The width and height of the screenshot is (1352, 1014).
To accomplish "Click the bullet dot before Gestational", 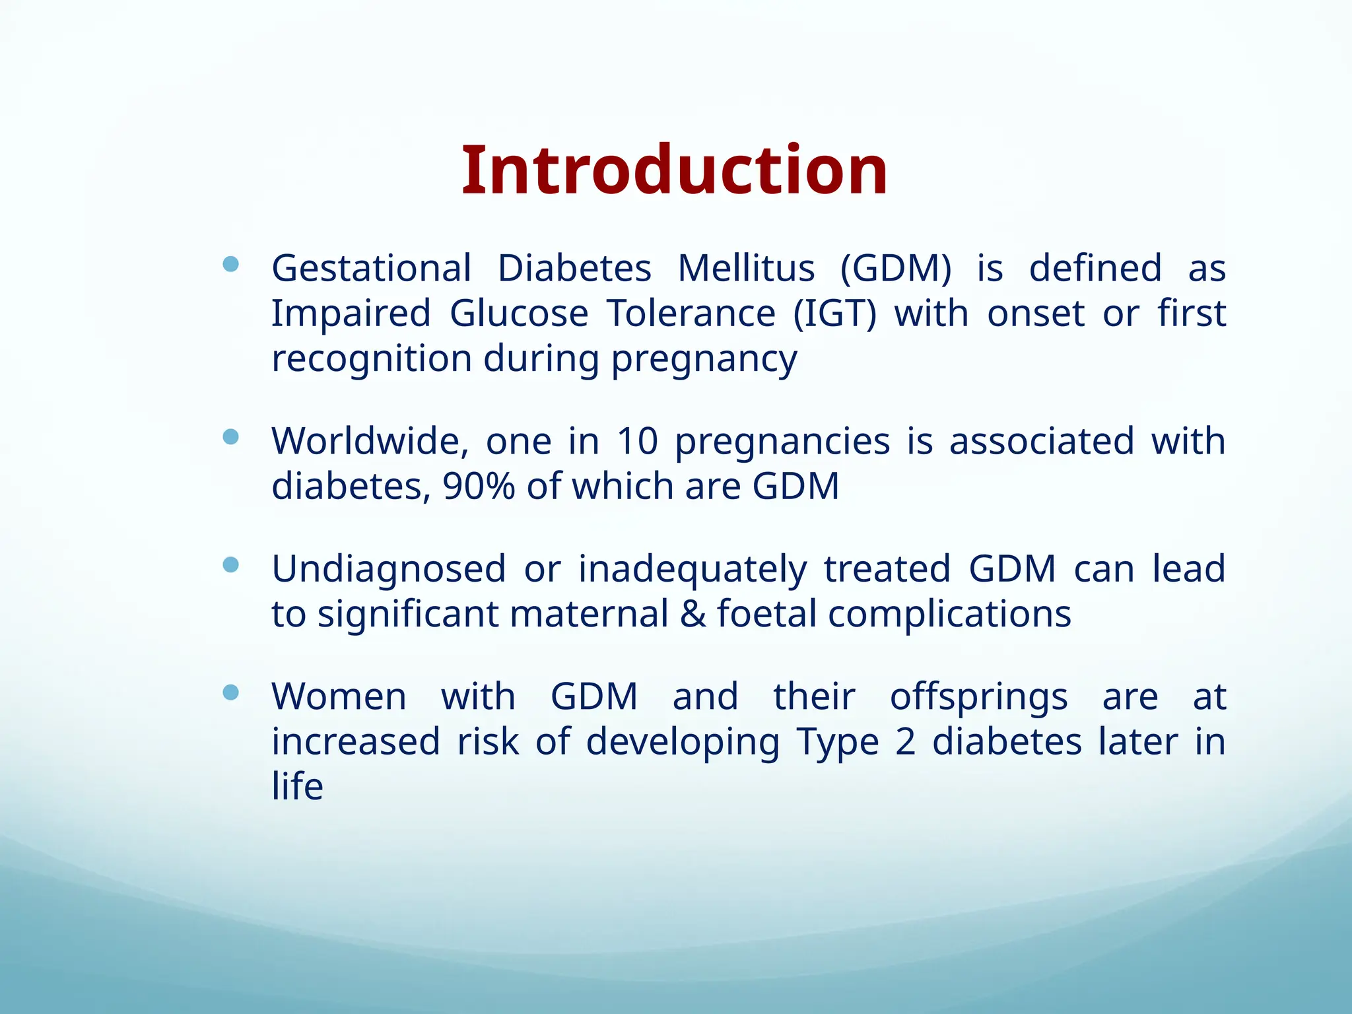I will pos(230,265).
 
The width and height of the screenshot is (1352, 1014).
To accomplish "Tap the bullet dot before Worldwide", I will pos(230,437).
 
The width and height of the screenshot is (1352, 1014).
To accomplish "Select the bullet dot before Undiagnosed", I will pos(230,564).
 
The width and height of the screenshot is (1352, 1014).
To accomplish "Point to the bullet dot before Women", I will pos(230,693).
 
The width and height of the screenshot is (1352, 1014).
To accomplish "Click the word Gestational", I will pos(371,269).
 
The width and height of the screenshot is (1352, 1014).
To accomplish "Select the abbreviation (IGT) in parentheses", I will pos(834,314).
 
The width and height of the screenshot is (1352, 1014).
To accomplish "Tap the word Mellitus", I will pos(746,269).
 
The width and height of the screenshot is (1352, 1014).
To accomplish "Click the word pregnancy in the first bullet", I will pos(704,360).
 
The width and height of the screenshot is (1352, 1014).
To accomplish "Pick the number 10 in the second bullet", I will pos(637,441).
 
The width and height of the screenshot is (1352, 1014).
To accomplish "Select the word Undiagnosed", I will pos(388,569).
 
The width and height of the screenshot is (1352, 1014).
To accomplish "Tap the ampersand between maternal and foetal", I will pos(693,614).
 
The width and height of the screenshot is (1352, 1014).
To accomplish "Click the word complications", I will pos(949,614).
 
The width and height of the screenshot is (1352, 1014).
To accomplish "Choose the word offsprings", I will pos(978,697).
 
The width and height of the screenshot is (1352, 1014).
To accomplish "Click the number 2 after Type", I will pos(906,742).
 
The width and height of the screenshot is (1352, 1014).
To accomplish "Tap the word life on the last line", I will pos(297,786).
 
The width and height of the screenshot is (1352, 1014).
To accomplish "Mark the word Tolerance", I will pos(691,314).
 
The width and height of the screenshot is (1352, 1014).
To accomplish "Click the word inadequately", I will pos(693,569).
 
